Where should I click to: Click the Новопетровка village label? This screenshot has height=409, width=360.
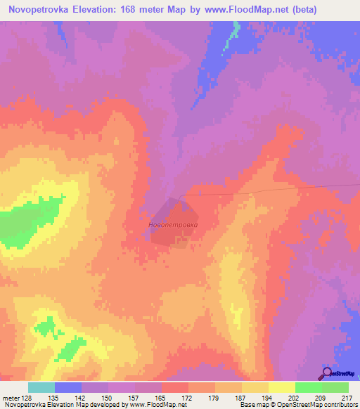(174, 225)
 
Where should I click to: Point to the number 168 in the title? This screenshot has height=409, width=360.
(133, 10)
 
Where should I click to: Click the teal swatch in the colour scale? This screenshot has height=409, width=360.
(41, 387)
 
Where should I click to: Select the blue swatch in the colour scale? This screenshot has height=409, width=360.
(68, 387)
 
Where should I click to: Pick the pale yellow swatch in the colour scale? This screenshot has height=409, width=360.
(281, 387)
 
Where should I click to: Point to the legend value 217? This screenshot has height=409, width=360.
(345, 398)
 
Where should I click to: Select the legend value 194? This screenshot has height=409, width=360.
(264, 398)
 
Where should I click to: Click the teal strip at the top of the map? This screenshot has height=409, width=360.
(230, 35)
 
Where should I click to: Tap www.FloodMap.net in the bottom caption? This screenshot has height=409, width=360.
(150, 405)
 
